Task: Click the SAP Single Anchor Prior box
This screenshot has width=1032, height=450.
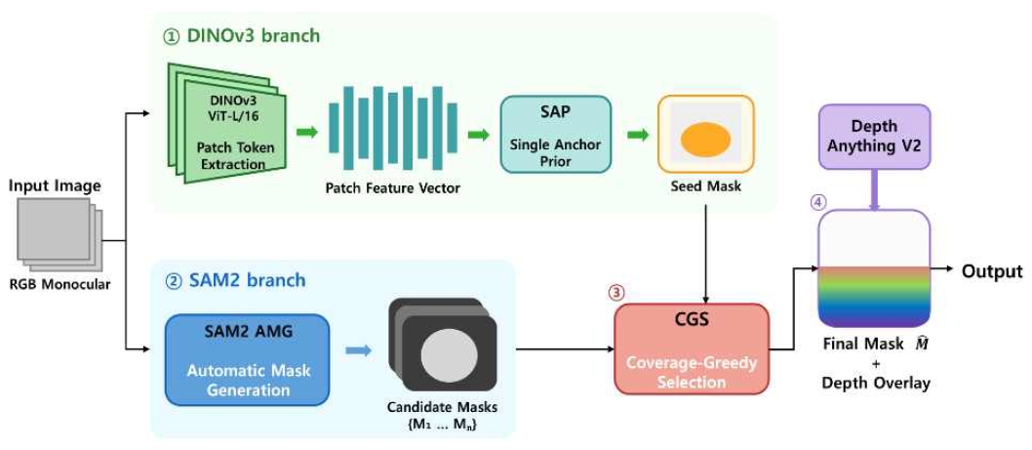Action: [x=555, y=135]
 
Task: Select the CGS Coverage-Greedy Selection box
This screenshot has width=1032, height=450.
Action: [x=691, y=348]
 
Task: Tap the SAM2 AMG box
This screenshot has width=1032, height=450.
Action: [x=247, y=360]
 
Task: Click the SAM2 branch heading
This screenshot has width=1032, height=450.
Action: [x=234, y=280]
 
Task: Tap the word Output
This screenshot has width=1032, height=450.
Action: [x=993, y=271]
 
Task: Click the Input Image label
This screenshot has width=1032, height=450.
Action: [x=55, y=186]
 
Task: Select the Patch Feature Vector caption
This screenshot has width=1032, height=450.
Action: [x=393, y=188]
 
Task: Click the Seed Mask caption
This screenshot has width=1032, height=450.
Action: [x=706, y=186]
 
